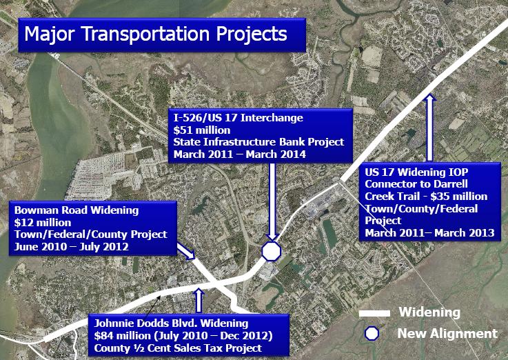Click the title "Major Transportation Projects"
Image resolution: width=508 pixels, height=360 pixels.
[x=156, y=34]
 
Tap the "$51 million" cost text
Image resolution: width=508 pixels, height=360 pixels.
[x=202, y=130]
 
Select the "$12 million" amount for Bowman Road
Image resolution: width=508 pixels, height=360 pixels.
[x=43, y=223]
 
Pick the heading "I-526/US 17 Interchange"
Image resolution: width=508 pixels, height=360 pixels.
[x=238, y=117]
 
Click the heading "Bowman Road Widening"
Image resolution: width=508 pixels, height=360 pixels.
[x=77, y=210]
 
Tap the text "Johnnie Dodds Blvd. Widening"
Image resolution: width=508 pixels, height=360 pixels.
[x=171, y=323]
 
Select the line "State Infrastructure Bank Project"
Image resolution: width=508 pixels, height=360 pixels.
[x=258, y=142]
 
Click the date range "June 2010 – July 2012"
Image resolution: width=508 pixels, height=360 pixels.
[x=71, y=247]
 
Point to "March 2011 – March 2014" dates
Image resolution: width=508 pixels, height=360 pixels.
[x=239, y=154]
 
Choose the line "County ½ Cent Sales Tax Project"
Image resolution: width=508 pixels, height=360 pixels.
[x=178, y=348]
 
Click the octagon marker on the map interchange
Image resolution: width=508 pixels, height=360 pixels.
[x=271, y=251]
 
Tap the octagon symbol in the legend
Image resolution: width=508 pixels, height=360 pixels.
[x=372, y=333]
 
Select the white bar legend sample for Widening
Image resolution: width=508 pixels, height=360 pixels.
[x=374, y=313]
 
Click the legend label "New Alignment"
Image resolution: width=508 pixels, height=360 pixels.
[x=447, y=333]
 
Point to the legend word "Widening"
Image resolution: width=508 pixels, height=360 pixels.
[x=429, y=312]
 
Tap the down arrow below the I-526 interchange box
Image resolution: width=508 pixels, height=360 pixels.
[x=272, y=201]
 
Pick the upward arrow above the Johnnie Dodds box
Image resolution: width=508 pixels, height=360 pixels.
[x=199, y=301]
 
